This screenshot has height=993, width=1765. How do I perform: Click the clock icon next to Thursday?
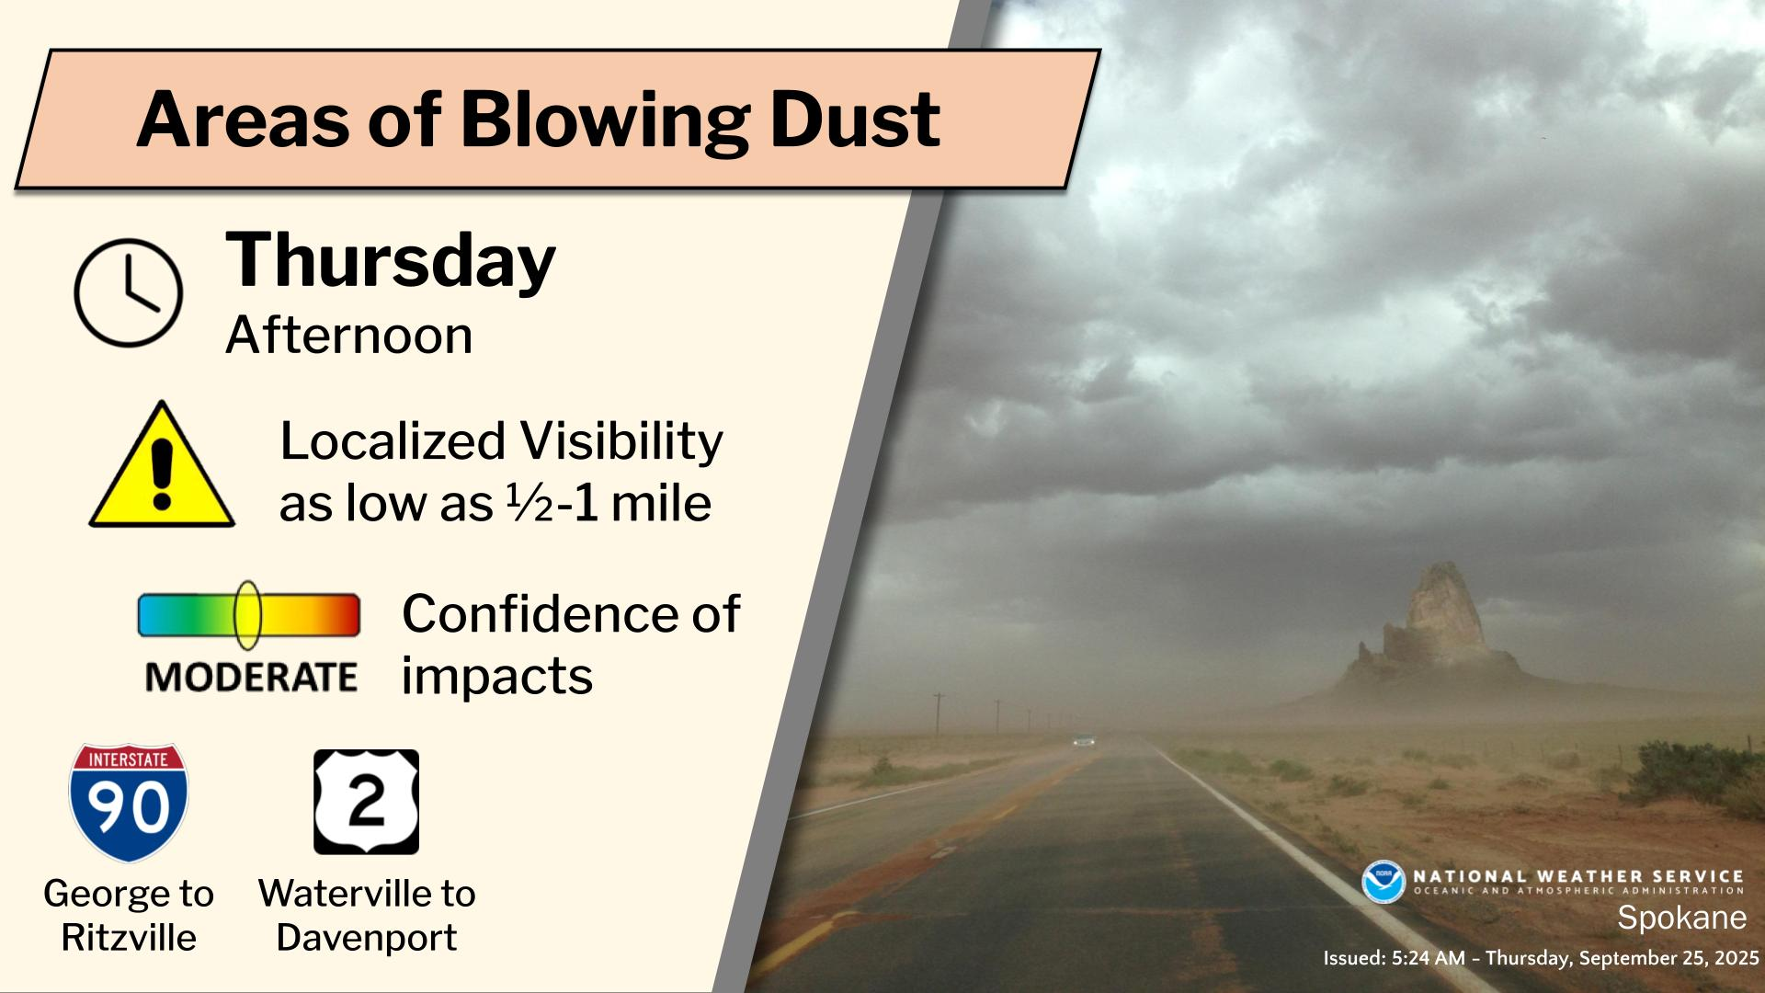[x=128, y=292]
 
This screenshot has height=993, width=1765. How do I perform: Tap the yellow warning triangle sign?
[x=162, y=465]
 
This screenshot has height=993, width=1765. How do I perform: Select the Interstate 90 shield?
[x=129, y=803]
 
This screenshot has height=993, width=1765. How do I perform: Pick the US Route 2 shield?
[x=366, y=802]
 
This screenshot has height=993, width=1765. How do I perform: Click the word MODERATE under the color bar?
[x=251, y=678]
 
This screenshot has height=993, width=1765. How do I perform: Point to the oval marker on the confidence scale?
[x=247, y=615]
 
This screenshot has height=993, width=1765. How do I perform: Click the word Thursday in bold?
[x=391, y=261]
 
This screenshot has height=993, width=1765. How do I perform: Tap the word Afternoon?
[x=349, y=336]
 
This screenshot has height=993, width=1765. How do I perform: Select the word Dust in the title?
[x=855, y=120]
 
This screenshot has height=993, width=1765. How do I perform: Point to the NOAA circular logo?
[x=1384, y=881]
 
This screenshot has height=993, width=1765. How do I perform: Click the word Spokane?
[x=1681, y=918]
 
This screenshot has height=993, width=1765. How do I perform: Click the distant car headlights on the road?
[x=1085, y=740]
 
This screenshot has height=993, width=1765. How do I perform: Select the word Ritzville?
[x=129, y=938]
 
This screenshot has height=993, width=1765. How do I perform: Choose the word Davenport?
[x=367, y=938]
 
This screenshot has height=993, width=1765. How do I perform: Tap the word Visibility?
[x=621, y=442]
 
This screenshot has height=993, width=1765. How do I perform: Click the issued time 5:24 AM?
[x=1429, y=958]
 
